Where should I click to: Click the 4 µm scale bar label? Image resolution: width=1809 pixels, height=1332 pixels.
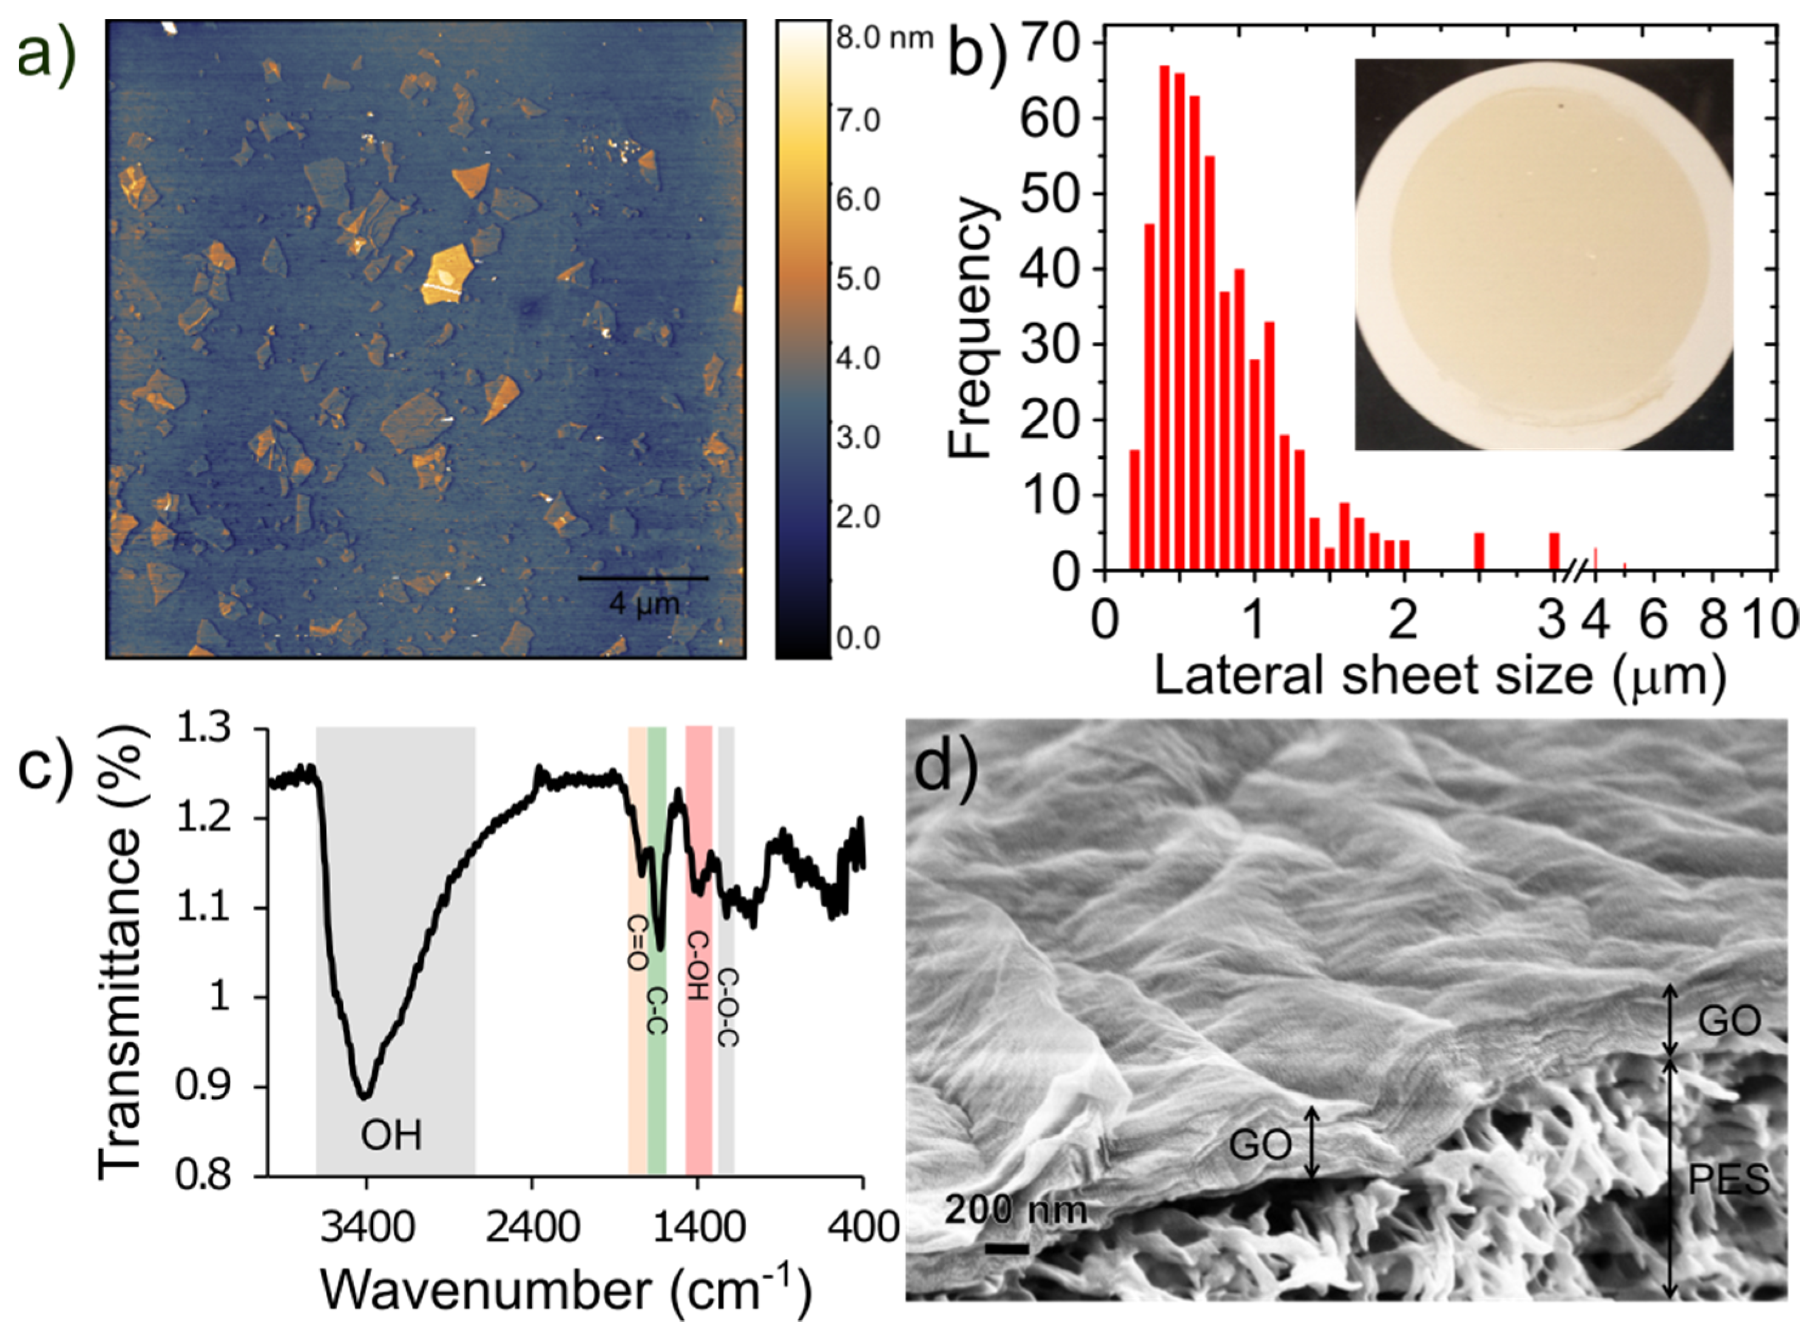(643, 603)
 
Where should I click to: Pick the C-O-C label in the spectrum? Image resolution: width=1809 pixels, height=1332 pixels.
(726, 1007)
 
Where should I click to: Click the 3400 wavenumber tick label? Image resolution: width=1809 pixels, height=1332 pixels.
(367, 1227)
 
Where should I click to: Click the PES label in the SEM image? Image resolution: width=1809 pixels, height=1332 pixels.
(1728, 1180)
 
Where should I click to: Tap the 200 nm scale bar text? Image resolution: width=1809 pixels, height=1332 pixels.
(1016, 1209)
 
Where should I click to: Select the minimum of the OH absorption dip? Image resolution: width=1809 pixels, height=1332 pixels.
(364, 1096)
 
